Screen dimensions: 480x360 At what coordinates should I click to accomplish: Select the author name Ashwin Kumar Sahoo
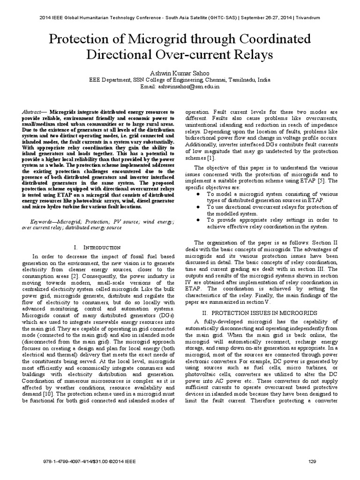(x=180, y=73)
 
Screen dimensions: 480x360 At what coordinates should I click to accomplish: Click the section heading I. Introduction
(x=98, y=247)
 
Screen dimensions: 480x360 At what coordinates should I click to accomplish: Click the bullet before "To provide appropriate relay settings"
(x=200, y=219)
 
